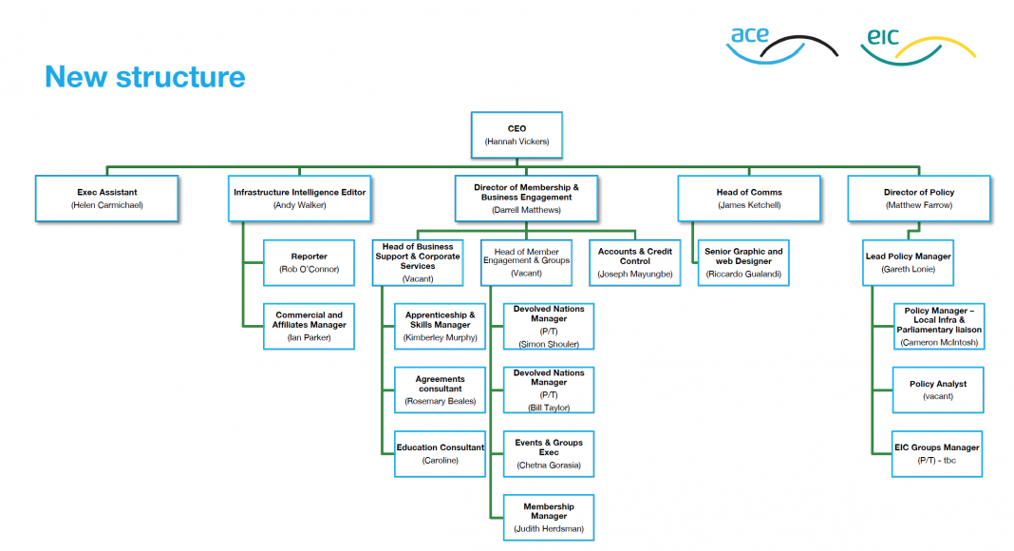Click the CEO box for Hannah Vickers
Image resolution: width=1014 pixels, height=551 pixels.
click(x=516, y=134)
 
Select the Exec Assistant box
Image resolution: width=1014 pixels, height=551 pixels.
click(x=106, y=198)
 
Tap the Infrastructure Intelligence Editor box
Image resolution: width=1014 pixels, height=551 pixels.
click(x=299, y=198)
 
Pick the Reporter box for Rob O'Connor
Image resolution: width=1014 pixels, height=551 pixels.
click(x=309, y=262)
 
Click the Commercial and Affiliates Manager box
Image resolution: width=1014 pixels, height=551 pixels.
click(x=309, y=325)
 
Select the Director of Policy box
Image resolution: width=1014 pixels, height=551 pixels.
click(x=918, y=198)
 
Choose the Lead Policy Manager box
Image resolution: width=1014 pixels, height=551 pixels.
click(x=908, y=262)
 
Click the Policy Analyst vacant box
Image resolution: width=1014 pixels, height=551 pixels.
click(x=937, y=389)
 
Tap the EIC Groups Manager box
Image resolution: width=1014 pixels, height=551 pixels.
click(x=937, y=453)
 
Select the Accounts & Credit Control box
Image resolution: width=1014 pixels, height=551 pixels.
click(x=635, y=262)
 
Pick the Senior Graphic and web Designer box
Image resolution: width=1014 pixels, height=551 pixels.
click(x=743, y=262)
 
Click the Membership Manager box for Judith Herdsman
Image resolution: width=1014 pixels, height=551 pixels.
click(x=549, y=517)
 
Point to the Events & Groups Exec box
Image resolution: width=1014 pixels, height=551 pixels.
click(x=549, y=453)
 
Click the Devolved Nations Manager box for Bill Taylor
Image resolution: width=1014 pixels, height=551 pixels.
click(x=549, y=389)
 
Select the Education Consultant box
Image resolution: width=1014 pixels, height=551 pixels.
click(x=441, y=453)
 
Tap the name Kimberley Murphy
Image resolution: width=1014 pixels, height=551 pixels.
click(x=441, y=337)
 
